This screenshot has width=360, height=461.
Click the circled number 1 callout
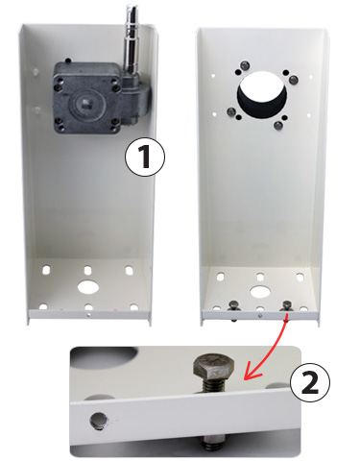point(145,157)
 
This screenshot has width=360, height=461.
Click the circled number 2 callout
point(309,382)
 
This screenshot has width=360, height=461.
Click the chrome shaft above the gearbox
point(132,40)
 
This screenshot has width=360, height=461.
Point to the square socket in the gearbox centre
point(86,103)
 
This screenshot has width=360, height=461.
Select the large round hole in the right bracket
point(261,95)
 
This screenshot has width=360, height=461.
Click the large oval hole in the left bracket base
point(88,287)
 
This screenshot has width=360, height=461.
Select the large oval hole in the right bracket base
point(260,292)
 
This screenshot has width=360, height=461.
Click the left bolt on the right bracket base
point(233,308)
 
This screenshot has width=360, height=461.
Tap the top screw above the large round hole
point(245,65)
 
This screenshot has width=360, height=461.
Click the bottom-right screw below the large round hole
point(278,126)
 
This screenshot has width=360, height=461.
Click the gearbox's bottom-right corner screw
point(113,129)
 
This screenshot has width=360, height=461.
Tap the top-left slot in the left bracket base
point(46,270)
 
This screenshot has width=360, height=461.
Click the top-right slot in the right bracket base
point(300,277)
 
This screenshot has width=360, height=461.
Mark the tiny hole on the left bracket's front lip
point(88,315)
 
